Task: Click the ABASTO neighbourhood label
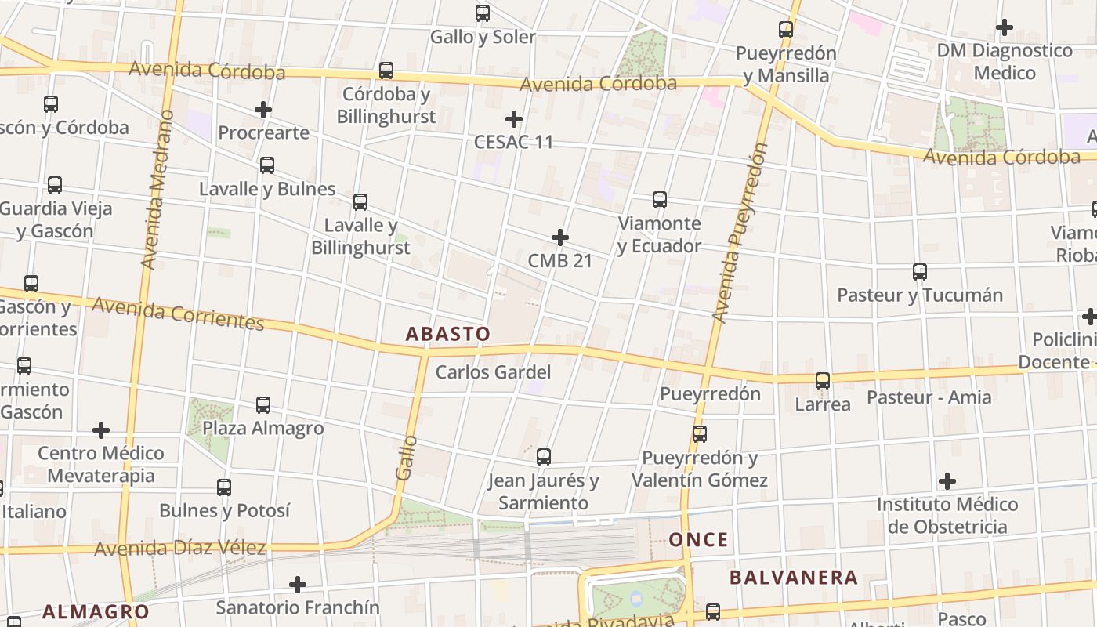point(447,334)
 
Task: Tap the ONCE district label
point(698,539)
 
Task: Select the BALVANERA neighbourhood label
point(794,578)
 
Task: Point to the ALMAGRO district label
point(96,611)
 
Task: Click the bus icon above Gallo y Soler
point(483,13)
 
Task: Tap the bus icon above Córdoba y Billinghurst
point(386,71)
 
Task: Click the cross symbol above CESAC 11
point(514,119)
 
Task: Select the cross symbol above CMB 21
point(560,237)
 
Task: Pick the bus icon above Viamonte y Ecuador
point(660,200)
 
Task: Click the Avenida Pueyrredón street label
point(740,233)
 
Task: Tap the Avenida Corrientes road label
point(178,313)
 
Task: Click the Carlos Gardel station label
point(493,372)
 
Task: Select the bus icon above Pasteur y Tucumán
point(920,272)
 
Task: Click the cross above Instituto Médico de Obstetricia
point(947,480)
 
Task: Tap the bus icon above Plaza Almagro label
point(263,405)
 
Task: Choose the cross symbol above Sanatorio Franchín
point(298,585)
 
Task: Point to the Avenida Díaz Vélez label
point(180,548)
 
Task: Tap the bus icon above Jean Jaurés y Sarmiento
point(544,457)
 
